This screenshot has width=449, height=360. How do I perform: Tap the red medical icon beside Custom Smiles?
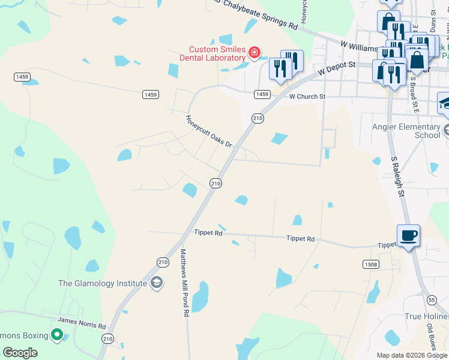click(255, 53)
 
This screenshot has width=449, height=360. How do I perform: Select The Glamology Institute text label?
click(103, 283)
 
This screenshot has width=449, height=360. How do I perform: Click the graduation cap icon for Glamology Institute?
click(157, 283)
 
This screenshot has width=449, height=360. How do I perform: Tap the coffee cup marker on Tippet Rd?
click(408, 236)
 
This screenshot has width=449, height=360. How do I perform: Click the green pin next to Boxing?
click(57, 335)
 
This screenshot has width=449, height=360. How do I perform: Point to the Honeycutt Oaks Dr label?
click(208, 131)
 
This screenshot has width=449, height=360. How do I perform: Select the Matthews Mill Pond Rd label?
click(185, 282)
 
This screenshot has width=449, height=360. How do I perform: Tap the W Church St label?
click(307, 96)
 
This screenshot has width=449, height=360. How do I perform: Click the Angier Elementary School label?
click(406, 131)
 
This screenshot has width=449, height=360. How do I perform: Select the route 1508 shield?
click(370, 264)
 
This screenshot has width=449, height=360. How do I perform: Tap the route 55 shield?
click(431, 299)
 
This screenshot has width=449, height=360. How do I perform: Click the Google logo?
click(20, 353)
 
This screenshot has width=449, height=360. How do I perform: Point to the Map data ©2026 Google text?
click(411, 355)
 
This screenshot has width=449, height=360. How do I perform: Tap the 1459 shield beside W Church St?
click(261, 95)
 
